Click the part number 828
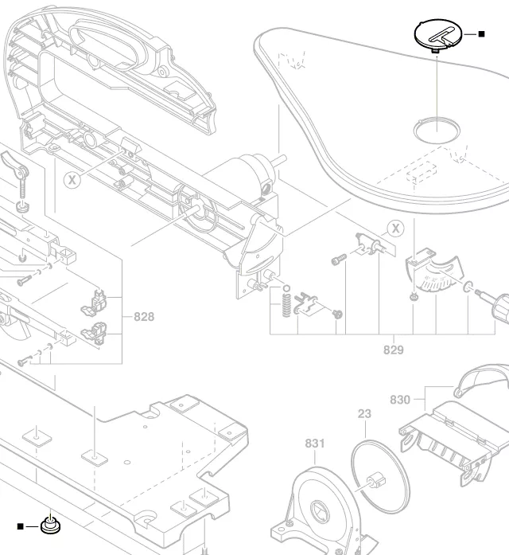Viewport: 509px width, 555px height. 144,317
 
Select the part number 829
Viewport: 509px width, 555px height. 394,350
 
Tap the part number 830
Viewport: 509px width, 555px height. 400,400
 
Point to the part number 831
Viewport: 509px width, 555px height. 316,444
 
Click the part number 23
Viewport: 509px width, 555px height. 364,414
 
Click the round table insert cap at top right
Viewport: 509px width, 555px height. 437,35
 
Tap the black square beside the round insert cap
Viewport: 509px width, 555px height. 481,34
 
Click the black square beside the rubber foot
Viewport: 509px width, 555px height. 21,526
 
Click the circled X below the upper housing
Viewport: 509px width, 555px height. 72,179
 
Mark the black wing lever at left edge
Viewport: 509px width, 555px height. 15,168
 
